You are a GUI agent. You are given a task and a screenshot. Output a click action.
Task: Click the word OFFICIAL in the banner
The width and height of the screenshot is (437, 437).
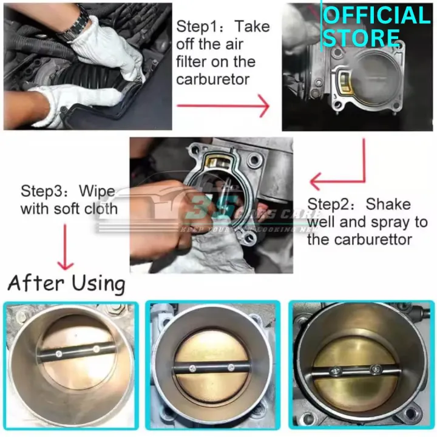coord(376,15)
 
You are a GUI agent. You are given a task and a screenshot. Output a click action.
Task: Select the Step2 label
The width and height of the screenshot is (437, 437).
coord(330,205)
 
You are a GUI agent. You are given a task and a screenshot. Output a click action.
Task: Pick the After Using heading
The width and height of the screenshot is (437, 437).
coord(66,283)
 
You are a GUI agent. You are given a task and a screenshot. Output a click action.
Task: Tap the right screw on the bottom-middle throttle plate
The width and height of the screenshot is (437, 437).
coord(231,367)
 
